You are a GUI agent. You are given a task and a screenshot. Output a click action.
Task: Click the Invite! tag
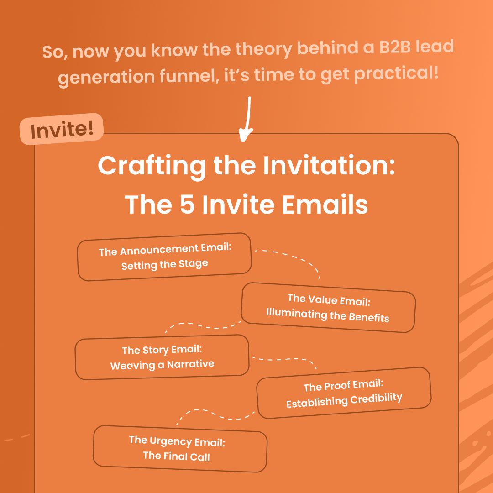click(x=62, y=129)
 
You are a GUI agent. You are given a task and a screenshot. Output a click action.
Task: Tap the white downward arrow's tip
click(x=246, y=140)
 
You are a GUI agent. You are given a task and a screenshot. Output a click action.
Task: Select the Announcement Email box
click(x=164, y=257)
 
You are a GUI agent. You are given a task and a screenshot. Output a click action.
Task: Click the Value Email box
click(x=328, y=307)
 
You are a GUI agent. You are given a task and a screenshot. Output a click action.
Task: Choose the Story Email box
click(x=162, y=357)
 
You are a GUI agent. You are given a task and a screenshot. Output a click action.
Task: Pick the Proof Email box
click(x=344, y=393)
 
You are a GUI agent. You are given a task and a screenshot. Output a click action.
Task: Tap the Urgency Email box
click(x=179, y=448)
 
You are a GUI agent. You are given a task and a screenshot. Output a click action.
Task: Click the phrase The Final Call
click(x=176, y=456)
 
